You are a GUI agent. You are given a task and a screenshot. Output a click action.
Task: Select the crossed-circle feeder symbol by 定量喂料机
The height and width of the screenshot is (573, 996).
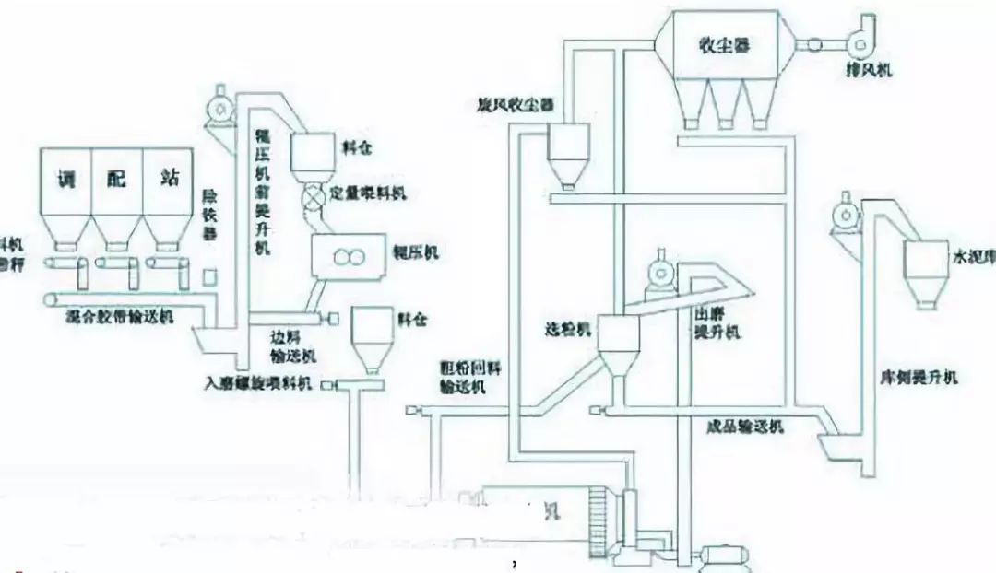pos(314,196)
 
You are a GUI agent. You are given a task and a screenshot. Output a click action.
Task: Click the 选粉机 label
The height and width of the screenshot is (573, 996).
pos(563,327)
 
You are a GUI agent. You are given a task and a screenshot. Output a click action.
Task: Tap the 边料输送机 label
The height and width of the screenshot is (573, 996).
pos(292,346)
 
